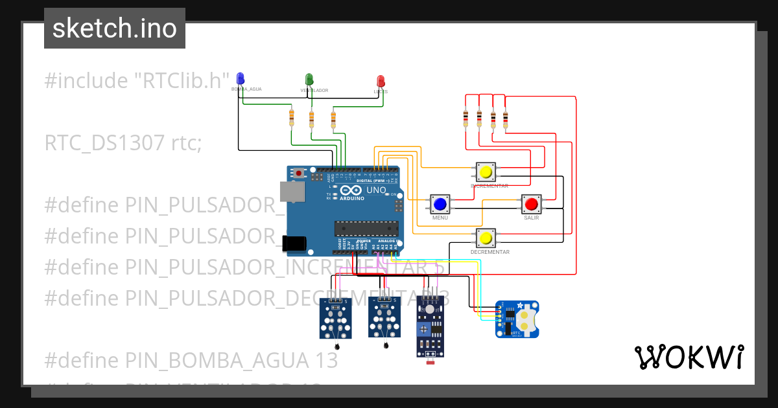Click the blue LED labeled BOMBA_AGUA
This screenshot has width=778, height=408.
[x=241, y=78]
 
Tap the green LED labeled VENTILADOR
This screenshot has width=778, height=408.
[x=310, y=80]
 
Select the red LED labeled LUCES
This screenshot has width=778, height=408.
[x=381, y=81]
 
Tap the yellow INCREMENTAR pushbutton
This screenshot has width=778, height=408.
[x=486, y=172]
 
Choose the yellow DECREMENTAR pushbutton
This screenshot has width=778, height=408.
[x=486, y=238]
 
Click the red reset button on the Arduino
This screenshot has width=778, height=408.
[x=298, y=174]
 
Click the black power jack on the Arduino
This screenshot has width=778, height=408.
[x=294, y=243]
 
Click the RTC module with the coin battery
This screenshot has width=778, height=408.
[x=517, y=319]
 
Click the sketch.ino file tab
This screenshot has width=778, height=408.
[x=115, y=28]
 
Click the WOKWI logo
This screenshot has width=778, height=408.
[x=689, y=357]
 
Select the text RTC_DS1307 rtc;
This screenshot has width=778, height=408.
[x=123, y=142]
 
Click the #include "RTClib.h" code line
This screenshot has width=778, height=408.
[x=137, y=81]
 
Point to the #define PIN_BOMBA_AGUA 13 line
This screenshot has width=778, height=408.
[x=191, y=360]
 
